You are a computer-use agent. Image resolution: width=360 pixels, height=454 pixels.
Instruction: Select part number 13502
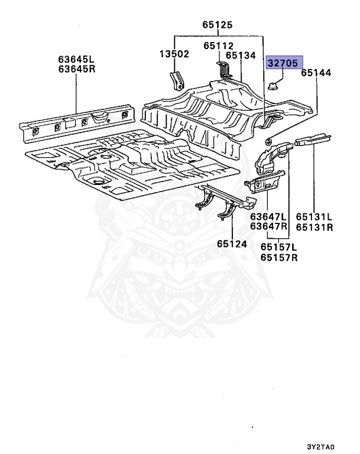174,54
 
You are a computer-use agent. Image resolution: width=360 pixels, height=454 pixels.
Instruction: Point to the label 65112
219,46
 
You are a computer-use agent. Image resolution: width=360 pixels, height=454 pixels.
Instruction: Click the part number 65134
239,56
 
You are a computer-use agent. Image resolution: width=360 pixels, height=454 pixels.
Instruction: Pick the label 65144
316,73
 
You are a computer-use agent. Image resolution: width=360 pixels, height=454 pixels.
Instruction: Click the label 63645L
77,60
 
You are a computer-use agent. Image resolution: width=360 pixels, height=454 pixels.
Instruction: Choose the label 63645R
77,70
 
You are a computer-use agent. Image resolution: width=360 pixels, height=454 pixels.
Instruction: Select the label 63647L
268,217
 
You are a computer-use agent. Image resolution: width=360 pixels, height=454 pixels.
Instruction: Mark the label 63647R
268,226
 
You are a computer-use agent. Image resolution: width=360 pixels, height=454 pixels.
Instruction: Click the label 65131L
314,217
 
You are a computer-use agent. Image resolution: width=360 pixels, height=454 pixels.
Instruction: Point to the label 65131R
314,226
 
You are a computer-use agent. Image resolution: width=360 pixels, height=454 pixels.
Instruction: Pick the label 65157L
278,248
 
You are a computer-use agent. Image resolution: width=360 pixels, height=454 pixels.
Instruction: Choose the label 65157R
278,258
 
